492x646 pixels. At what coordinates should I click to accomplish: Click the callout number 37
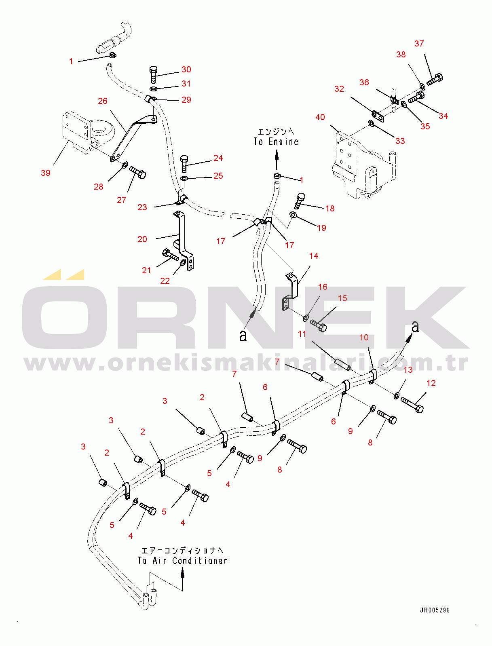click(x=419, y=44)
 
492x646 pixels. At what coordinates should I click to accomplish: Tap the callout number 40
click(x=320, y=117)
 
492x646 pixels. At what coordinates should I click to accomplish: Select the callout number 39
click(x=46, y=173)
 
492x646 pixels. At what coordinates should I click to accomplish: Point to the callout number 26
click(x=103, y=101)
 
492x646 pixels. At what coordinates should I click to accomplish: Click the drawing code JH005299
click(x=435, y=610)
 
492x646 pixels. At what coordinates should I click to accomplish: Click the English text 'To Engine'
click(x=276, y=142)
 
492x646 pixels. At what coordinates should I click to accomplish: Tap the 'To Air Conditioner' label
click(x=182, y=561)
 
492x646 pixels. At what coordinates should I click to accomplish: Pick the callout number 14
click(x=314, y=256)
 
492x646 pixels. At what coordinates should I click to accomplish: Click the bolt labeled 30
click(x=153, y=75)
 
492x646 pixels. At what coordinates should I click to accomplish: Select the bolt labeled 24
click(x=184, y=163)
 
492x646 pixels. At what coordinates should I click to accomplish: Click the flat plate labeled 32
click(x=378, y=116)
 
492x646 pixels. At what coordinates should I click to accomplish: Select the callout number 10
click(x=364, y=337)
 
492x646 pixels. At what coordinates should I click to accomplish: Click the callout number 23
click(x=142, y=207)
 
